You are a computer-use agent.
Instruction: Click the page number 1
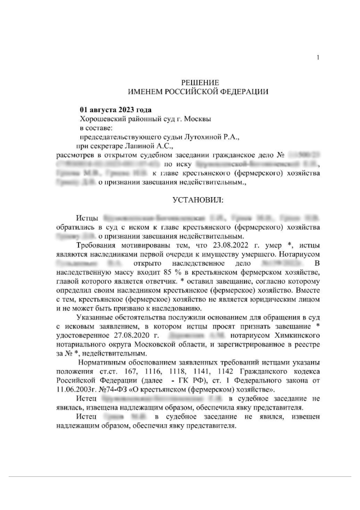coord(318,57)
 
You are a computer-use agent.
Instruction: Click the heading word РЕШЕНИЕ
coord(200,83)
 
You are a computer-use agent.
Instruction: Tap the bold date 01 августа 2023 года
coord(116,110)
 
